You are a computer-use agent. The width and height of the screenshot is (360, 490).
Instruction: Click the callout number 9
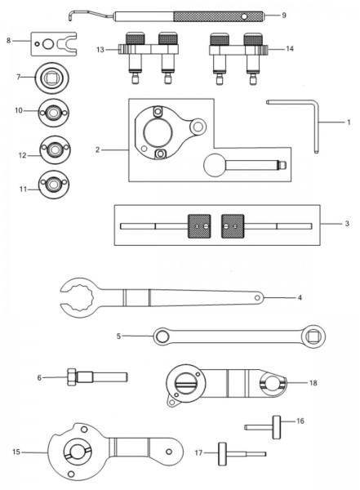[x=284, y=16]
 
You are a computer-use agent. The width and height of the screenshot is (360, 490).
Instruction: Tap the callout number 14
[x=290, y=49]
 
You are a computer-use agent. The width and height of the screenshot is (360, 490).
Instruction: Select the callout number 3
[x=347, y=224]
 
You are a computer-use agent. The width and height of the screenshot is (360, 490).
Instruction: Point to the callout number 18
[x=313, y=383]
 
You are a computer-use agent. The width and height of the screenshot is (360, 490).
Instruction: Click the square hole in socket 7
[x=51, y=78]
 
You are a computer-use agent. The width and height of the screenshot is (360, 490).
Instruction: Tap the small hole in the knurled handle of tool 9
[x=244, y=16]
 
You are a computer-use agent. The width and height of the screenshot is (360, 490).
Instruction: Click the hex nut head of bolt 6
[x=72, y=376]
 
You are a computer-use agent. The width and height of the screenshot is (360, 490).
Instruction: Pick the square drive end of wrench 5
[x=313, y=336]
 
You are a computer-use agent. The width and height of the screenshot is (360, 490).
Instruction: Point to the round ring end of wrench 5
[x=162, y=336]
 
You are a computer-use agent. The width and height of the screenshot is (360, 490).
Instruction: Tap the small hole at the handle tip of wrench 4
[x=257, y=298]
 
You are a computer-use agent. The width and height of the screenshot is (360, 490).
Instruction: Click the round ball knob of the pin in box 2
[x=215, y=165]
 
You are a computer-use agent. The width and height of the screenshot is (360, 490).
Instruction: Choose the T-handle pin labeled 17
[x=231, y=454]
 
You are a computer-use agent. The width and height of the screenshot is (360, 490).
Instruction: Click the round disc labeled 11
[x=54, y=185]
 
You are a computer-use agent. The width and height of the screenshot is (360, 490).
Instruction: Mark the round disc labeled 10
[x=53, y=113]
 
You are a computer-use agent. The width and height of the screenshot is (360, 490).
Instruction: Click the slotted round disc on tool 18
[x=186, y=383]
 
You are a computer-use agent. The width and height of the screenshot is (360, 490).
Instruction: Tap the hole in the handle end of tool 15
[x=169, y=452]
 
